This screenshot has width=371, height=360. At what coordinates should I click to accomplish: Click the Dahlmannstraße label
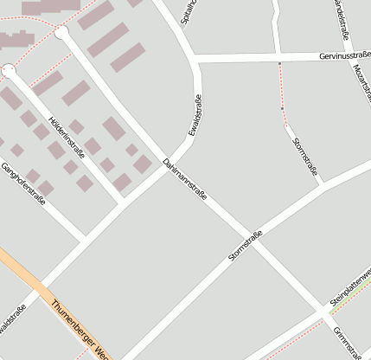click(185, 185)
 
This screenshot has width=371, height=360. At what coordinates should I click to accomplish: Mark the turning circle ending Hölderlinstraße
click(9, 70)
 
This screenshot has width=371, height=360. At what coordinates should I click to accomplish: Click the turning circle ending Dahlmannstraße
click(61, 33)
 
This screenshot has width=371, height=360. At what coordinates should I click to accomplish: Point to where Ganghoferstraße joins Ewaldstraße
click(84, 238)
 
